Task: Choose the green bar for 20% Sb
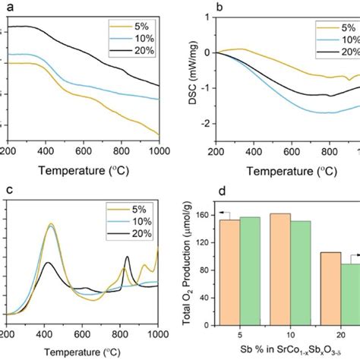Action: [331, 289]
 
